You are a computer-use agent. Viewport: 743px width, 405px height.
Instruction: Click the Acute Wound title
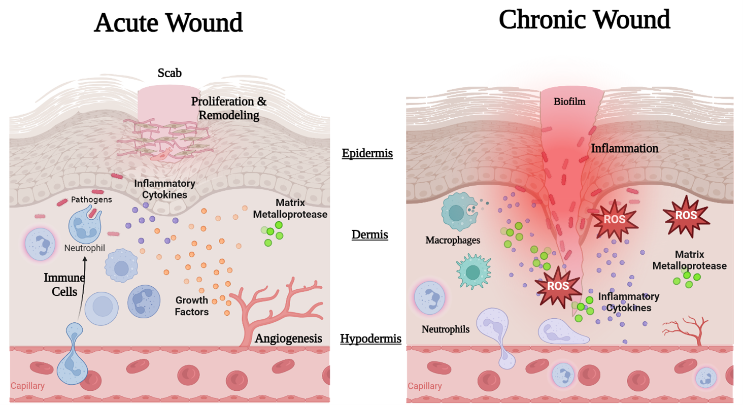tap(168, 23)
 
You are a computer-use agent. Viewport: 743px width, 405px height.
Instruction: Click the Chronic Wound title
tap(584, 20)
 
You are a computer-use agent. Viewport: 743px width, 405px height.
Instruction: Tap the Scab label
tap(169, 73)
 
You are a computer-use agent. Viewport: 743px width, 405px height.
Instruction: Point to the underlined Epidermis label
tap(367, 153)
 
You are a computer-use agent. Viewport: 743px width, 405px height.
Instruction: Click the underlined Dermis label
tap(370, 235)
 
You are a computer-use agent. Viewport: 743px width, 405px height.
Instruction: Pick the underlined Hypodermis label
tap(370, 339)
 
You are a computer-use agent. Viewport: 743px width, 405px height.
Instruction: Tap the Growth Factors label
tap(192, 306)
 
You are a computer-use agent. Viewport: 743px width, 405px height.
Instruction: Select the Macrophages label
tap(453, 240)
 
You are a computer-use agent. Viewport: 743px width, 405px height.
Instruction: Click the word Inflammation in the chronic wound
tap(625, 149)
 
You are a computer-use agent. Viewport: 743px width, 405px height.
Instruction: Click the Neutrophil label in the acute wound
tap(85, 249)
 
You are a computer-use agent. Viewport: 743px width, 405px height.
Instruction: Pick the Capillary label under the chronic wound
tap(425, 386)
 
